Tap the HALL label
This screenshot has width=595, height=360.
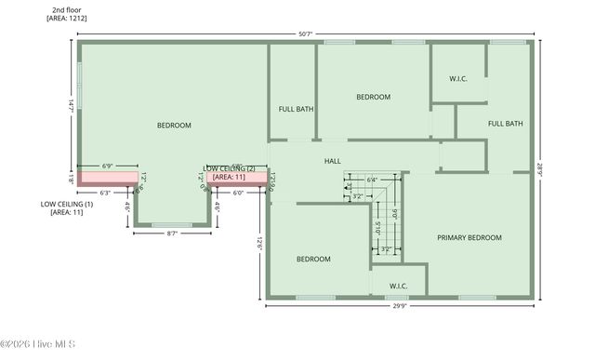pyautogui.click(x=332, y=161)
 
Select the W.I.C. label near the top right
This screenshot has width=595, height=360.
pyautogui.click(x=457, y=79)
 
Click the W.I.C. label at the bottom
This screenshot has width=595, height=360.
pyautogui.click(x=398, y=287)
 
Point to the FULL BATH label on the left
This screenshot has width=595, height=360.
pyautogui.click(x=296, y=110)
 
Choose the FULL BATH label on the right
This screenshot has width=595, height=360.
pyautogui.click(x=506, y=124)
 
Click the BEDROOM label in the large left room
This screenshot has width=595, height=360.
pyautogui.click(x=174, y=126)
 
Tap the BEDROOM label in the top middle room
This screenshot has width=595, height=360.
pyautogui.click(x=373, y=97)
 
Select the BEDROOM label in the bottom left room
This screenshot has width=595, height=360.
pyautogui.click(x=313, y=260)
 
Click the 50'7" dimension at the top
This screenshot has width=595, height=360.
pyautogui.click(x=306, y=34)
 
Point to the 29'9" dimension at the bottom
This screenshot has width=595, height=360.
pyautogui.click(x=399, y=307)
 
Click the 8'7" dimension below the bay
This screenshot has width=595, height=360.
pyautogui.click(x=172, y=233)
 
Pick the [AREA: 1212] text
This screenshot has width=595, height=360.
pyautogui.click(x=66, y=17)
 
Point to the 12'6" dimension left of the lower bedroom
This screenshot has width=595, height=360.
pyautogui.click(x=259, y=245)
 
